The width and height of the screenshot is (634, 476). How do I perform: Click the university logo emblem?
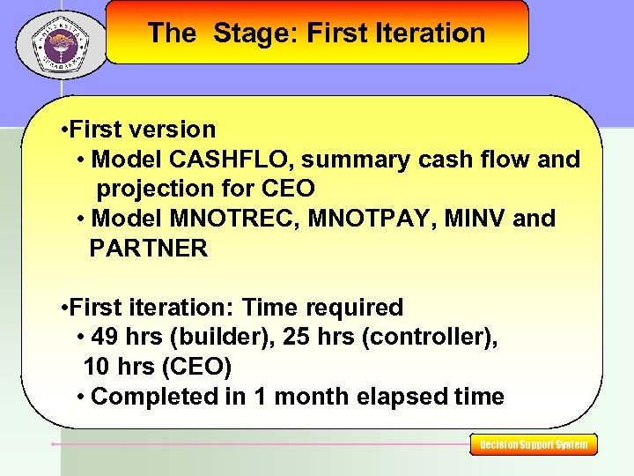click(x=60, y=41)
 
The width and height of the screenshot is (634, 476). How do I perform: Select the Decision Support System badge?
click(x=534, y=445)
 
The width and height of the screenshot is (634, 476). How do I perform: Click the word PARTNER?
click(x=148, y=249)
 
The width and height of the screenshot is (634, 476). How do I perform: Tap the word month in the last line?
click(x=315, y=397)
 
